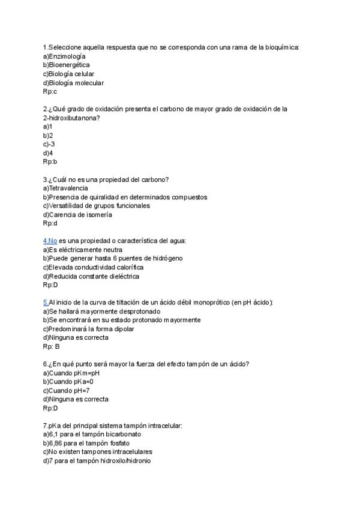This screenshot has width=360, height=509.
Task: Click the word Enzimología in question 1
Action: (x=68, y=56)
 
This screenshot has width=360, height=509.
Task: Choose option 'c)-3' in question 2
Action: (x=49, y=144)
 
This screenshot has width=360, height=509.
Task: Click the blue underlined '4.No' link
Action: (x=50, y=241)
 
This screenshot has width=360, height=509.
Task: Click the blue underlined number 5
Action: (x=45, y=303)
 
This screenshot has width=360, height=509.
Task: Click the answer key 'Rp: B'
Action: (x=51, y=346)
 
